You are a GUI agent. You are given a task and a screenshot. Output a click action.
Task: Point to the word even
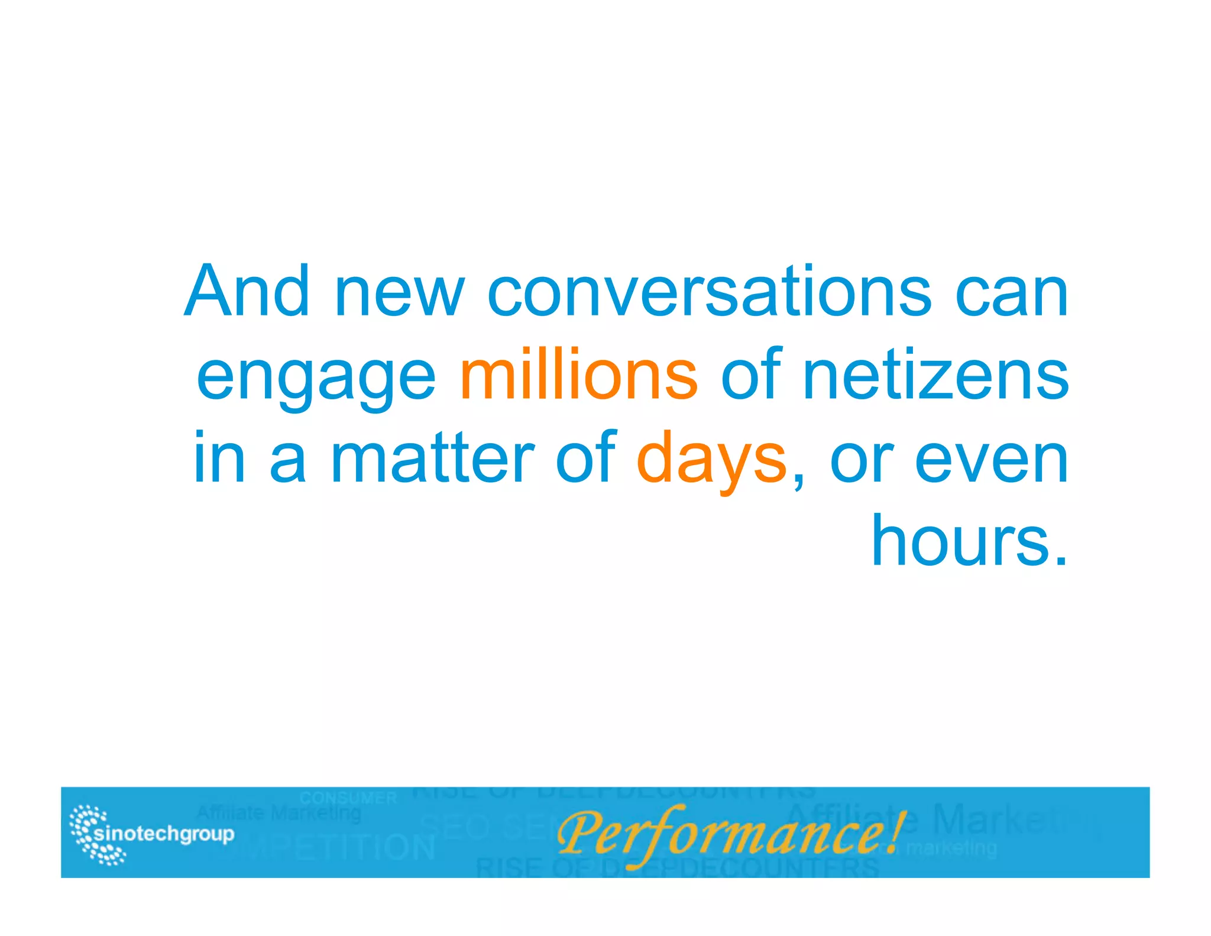pos(992,463)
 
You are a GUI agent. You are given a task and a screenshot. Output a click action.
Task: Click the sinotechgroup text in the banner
pos(164,834)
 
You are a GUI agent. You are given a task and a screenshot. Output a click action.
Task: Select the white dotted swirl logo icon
pos(95,834)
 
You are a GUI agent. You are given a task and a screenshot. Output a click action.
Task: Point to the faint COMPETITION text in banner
pos(331,848)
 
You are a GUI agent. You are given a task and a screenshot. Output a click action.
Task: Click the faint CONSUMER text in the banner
pos(348,798)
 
